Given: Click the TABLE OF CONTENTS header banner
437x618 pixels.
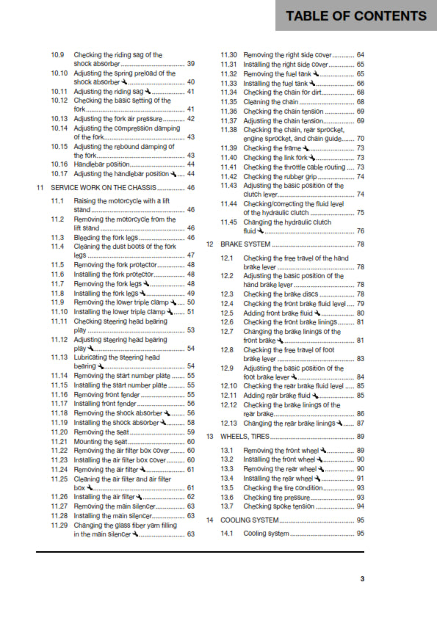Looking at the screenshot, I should (x=355, y=16).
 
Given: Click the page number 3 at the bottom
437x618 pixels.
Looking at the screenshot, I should (x=361, y=579).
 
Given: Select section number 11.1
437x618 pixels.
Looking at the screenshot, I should (x=57, y=200).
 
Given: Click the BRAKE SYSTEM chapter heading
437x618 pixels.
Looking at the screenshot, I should (x=245, y=244).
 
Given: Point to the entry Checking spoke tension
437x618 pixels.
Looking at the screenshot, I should (x=278, y=506).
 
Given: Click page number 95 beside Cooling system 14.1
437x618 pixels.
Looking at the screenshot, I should (x=361, y=533).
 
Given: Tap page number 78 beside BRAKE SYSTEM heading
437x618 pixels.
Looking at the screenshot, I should (x=361, y=244).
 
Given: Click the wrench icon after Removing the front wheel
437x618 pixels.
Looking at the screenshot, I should (x=324, y=450).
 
